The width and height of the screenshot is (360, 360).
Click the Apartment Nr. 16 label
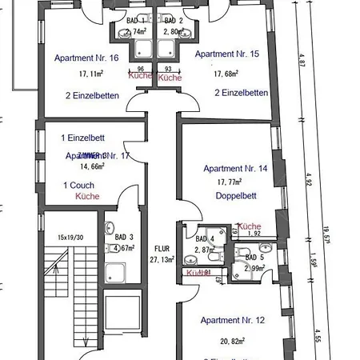tap(87, 58)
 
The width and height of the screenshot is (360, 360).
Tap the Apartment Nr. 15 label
tap(226, 54)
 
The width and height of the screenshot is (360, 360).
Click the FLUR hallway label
tap(162, 249)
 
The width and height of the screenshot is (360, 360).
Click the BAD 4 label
tap(206, 238)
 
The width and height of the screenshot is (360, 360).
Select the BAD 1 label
tap(137, 20)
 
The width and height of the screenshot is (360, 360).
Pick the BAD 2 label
tap(174, 20)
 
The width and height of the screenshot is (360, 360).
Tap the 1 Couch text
tap(77, 185)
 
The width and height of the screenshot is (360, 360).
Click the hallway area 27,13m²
tap(162, 260)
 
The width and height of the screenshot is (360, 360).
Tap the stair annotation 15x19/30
tap(70, 238)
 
